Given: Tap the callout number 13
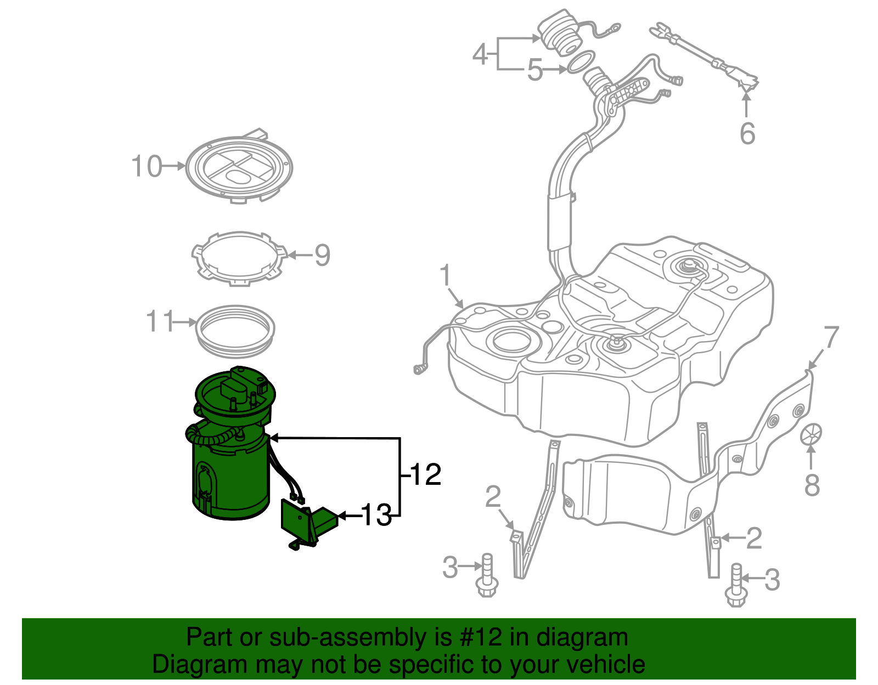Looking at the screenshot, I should point(376,515).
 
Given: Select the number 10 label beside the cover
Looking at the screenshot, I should point(147,166).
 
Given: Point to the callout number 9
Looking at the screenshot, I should point(322,255).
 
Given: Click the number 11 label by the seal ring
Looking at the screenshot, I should point(159,321).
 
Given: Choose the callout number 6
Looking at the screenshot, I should point(747,133).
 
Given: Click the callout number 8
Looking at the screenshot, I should point(812,485).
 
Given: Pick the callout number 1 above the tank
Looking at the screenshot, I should point(446,275).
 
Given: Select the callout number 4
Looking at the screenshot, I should point(480,54).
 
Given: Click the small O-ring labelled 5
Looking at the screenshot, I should point(581,62).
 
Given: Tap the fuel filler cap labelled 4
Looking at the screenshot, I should point(559,33).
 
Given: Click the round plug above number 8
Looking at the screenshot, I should point(811,434).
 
